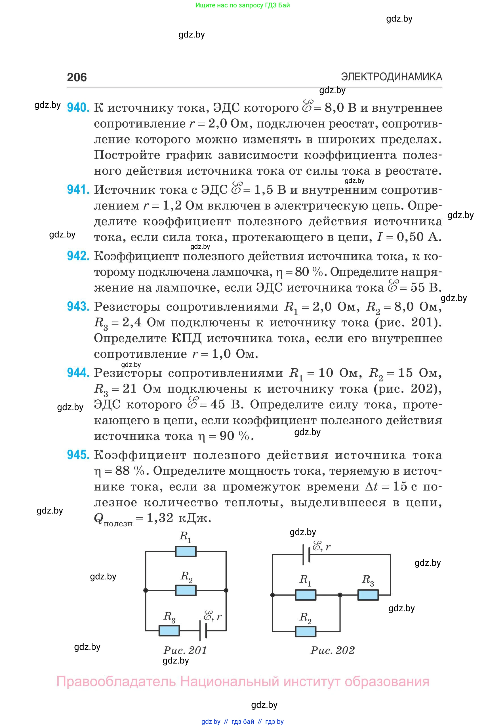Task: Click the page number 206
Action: pyautogui.click(x=77, y=77)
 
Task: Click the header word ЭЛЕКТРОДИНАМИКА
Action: pyautogui.click(x=392, y=76)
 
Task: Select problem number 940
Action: pyautogui.click(x=78, y=108)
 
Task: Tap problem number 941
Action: pyautogui.click(x=78, y=190)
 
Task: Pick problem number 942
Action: pyautogui.click(x=78, y=256)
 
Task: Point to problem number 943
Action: pyautogui.click(x=78, y=306)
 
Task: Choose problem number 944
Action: pyautogui.click(x=78, y=373)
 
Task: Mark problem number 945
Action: pyautogui.click(x=78, y=455)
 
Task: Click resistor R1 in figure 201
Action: pyautogui.click(x=186, y=551)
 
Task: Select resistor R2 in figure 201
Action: pyautogui.click(x=186, y=590)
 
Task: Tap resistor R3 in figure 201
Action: pyautogui.click(x=169, y=631)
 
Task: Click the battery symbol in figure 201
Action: pyautogui.click(x=203, y=631)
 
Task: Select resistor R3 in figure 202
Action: pyautogui.click(x=368, y=595)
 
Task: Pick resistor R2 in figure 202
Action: pyautogui.click(x=306, y=631)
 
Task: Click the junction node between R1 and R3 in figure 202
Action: pyautogui.click(x=340, y=595)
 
